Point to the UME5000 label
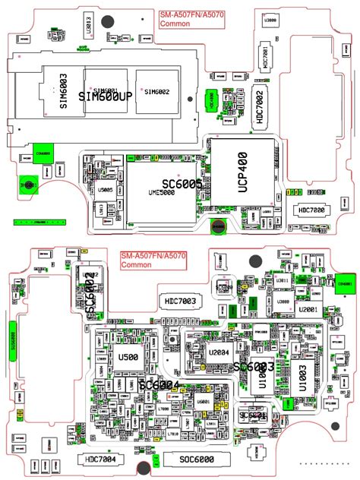[x=161, y=193]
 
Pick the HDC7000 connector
[x=311, y=210]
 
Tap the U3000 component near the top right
[x=270, y=22]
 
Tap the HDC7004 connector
[x=101, y=459]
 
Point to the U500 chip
[x=128, y=357]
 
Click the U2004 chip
[x=219, y=352]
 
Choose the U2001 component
[x=308, y=310]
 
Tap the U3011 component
[x=281, y=282]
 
